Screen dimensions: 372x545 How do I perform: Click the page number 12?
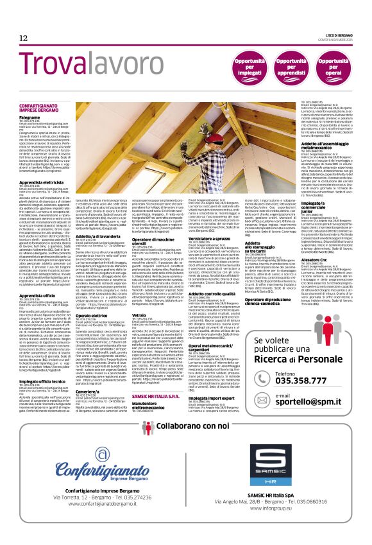(23, 39)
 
